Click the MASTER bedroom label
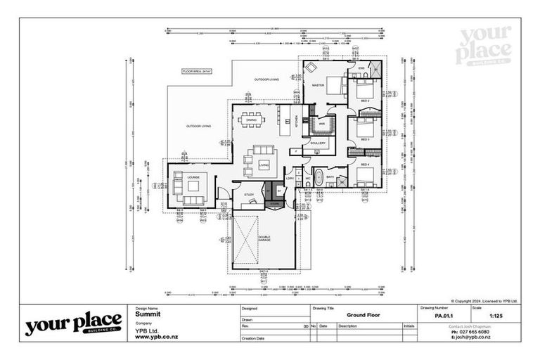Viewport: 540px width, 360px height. pos(318,86)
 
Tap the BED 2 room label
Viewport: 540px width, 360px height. pos(365,101)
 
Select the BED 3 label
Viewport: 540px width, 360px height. pos(365,139)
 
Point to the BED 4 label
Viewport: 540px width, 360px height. pos(365,165)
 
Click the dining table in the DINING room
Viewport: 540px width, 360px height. pos(252,119)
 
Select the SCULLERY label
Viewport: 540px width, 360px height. pos(318,143)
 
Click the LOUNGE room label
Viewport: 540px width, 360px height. pos(192,177)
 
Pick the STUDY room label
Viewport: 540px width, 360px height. pos(248,194)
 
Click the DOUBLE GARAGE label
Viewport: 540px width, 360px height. pos(264,238)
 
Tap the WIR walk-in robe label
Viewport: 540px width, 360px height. pos(321,124)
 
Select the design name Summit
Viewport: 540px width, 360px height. pos(146,315)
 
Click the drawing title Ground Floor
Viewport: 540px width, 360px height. pos(364,315)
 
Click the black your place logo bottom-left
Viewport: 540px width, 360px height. pos(73,324)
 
